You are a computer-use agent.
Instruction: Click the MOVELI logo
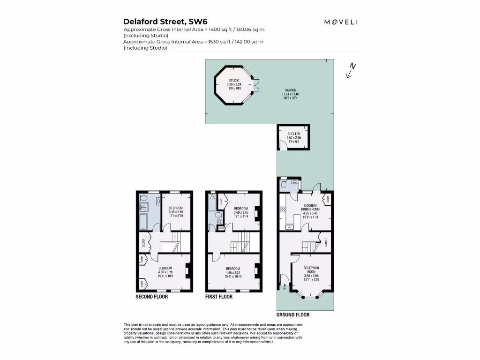pos(341,22)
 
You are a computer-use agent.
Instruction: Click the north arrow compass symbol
pos(350,70)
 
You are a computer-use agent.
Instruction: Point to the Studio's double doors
pos(256,84)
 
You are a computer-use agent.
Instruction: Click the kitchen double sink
pos(289,227)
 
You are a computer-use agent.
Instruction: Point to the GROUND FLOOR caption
pos(292,315)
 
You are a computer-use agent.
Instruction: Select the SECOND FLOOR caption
pos(151,297)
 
